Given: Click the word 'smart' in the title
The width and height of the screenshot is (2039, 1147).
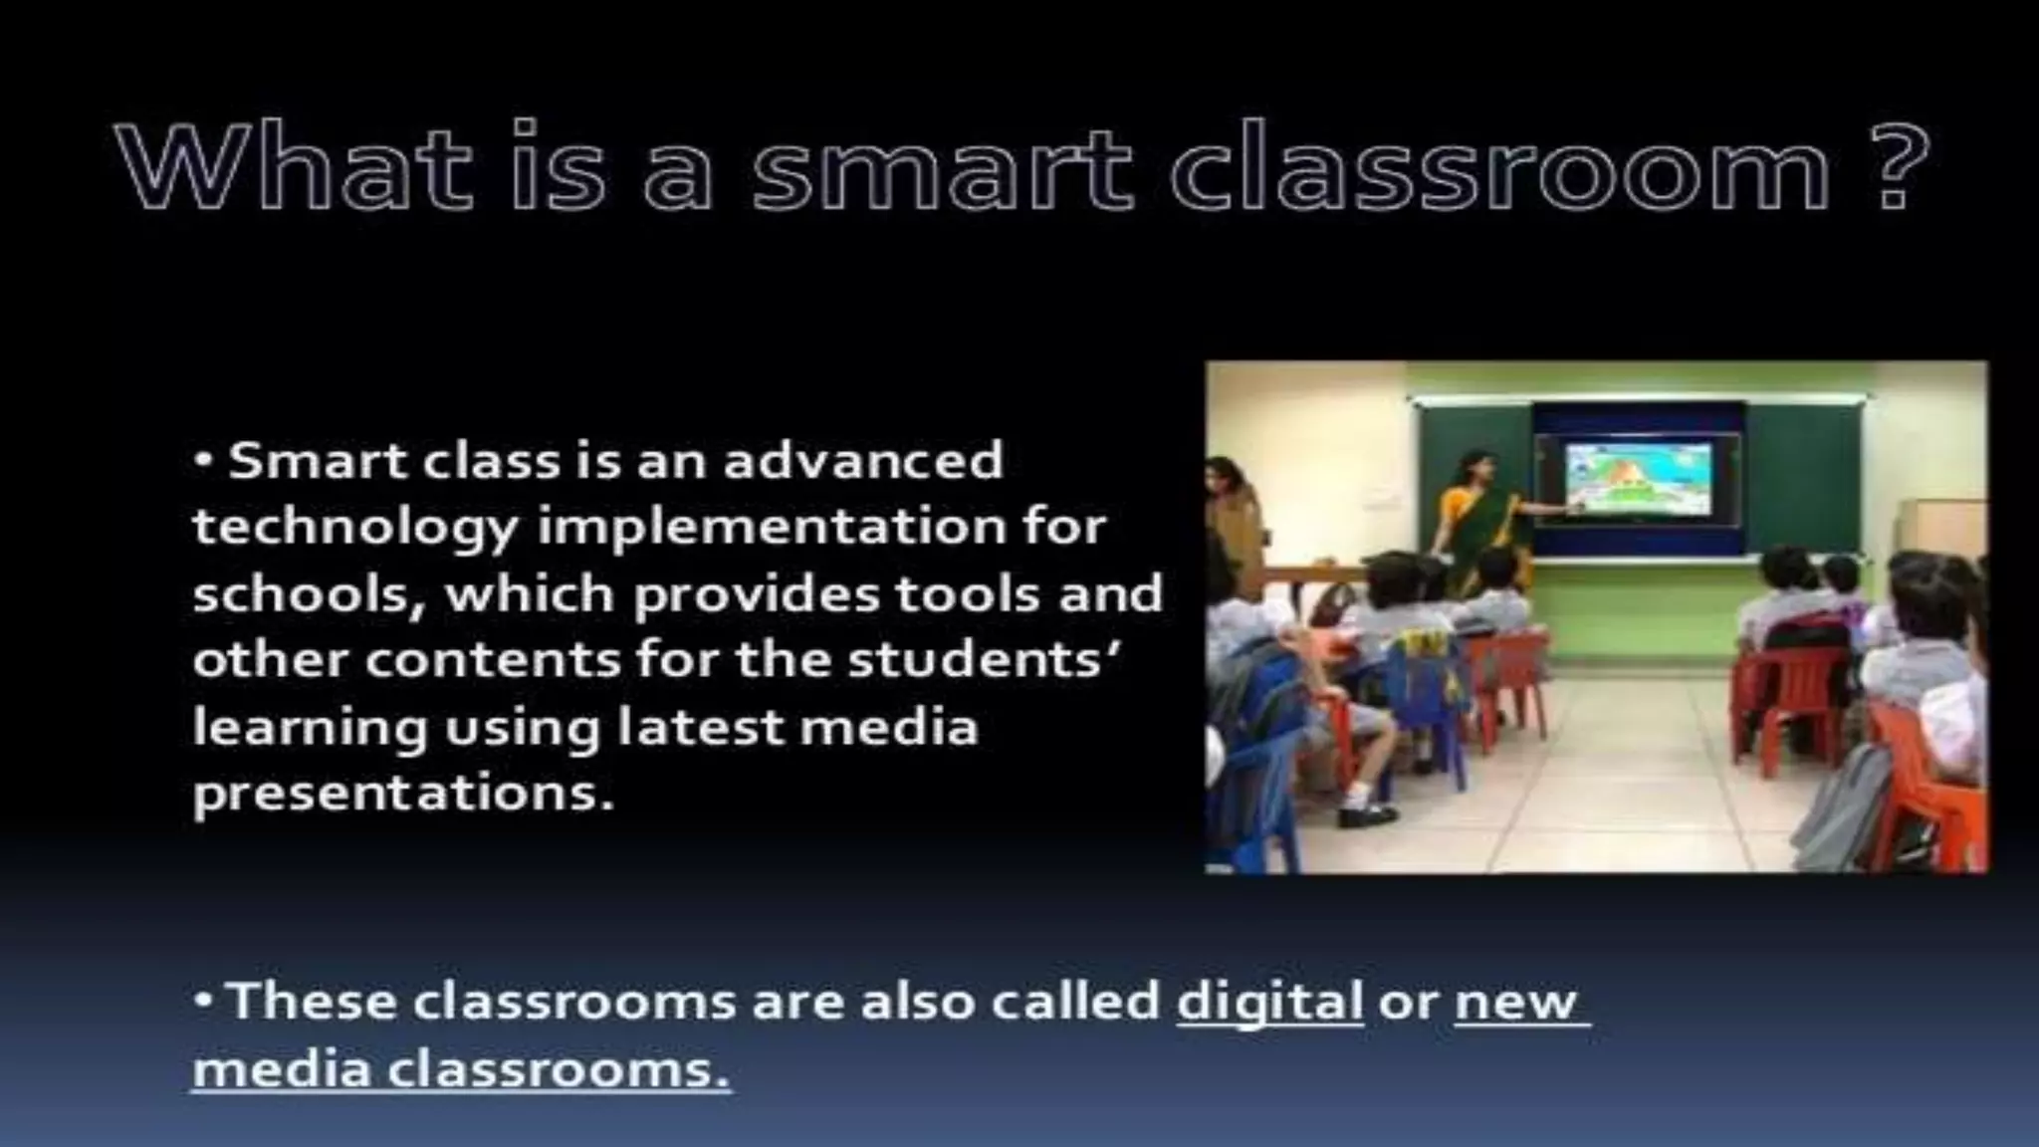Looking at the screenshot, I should [942, 165].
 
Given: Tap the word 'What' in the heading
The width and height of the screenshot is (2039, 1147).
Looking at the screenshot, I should [295, 165].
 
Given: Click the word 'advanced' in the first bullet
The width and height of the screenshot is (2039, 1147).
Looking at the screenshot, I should [862, 461].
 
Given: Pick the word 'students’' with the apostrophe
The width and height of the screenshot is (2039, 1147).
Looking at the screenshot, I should [983, 660].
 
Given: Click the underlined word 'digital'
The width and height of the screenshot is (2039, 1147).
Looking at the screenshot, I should [1269, 1002].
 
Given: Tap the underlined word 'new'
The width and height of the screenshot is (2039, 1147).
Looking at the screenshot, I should [1516, 1002].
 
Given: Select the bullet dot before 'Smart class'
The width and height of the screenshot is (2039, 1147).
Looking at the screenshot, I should [204, 461].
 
